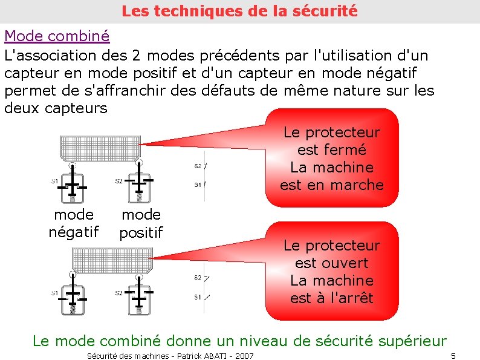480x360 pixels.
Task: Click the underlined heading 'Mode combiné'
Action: coord(57,36)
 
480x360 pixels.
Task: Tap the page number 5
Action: coord(453,356)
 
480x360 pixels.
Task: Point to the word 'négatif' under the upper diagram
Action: coord(73,231)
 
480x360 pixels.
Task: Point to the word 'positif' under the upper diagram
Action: coord(141,232)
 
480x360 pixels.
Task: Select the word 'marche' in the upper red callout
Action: coord(354,185)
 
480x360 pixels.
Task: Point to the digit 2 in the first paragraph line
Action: coord(137,56)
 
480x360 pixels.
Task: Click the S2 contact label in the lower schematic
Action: coord(197,278)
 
